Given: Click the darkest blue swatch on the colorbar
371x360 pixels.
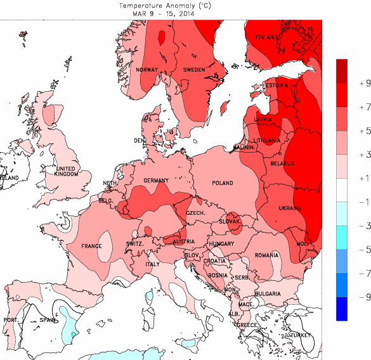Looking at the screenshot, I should tap(342, 309).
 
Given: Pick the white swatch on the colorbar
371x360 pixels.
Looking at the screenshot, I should tap(342, 190).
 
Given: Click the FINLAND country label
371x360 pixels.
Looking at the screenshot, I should tap(266, 37).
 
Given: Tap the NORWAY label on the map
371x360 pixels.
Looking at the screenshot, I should tap(146, 70).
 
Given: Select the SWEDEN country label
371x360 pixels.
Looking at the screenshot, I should tap(194, 69).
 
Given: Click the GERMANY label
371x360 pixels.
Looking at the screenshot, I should tap(156, 181).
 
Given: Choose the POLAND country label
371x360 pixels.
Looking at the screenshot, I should tap(223, 183).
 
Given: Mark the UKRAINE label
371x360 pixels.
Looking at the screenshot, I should tap(290, 208).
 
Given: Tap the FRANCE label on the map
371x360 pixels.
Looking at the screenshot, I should tap(91, 246).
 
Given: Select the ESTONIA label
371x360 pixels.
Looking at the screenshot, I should tap(277, 85).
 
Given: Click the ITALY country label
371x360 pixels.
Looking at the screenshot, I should tap(153, 264).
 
